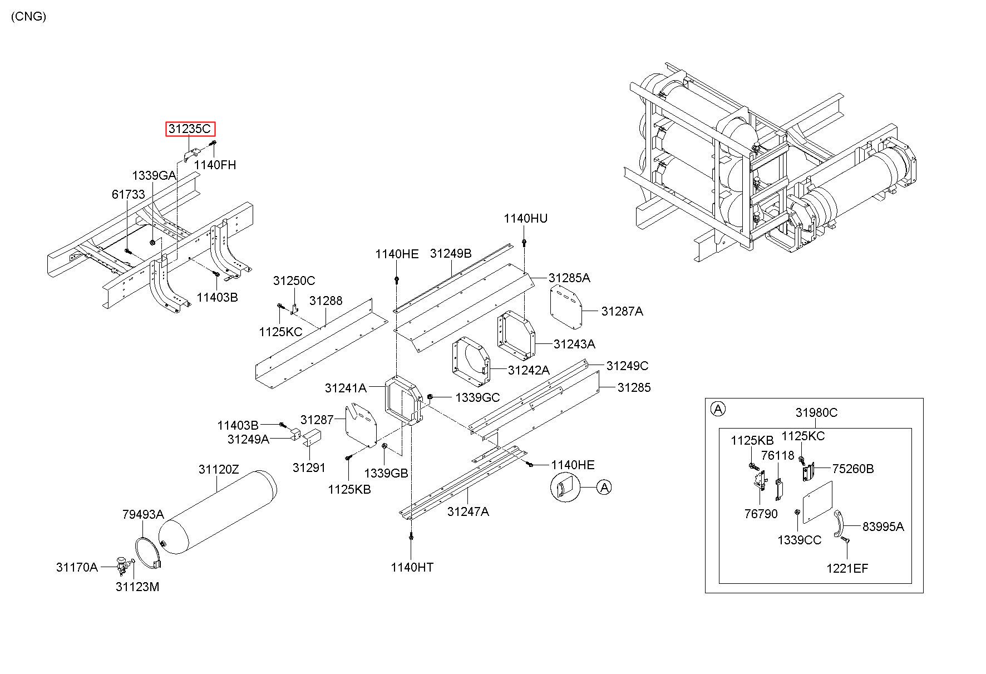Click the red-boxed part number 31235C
pos(190,129)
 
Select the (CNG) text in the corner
pos(28,16)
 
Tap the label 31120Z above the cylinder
pos(219,470)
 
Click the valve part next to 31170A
pos(122,565)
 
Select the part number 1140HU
pos(525,219)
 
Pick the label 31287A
pos(622,312)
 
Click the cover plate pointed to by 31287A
pos(566,307)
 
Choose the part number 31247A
pos(467,511)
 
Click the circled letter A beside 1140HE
pos(604,488)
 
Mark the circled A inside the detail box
pos(718,410)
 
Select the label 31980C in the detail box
pos(816,412)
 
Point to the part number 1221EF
pos(847,568)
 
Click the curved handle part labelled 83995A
pos(839,524)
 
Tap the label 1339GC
pos(477,397)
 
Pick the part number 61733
pos(128,194)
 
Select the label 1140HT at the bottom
pos(412,567)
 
